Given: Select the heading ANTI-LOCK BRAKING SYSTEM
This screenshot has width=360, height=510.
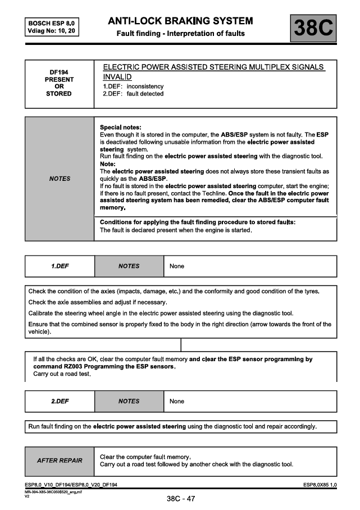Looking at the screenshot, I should pyautogui.click(x=180, y=21).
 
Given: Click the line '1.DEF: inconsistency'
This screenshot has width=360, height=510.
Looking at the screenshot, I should pyautogui.click(x=133, y=86).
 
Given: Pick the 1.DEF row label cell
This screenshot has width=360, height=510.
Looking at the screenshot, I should pyautogui.click(x=60, y=266).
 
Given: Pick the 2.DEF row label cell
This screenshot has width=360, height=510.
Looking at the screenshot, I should pyautogui.click(x=60, y=401).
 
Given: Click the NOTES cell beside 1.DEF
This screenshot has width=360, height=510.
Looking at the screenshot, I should pyautogui.click(x=129, y=266).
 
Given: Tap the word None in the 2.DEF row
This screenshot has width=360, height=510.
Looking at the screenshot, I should pyautogui.click(x=177, y=401).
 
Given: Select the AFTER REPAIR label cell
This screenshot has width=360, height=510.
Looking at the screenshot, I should pyautogui.click(x=60, y=461).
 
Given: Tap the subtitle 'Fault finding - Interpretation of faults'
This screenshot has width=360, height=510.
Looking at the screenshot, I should pyautogui.click(x=180, y=34).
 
